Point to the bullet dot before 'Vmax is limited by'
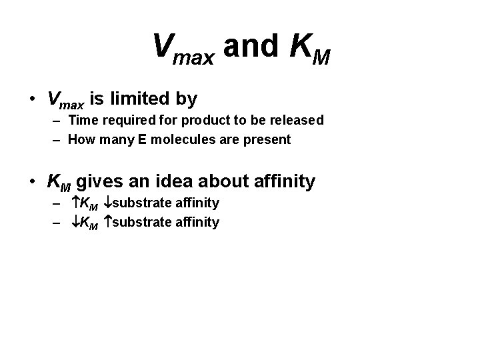point(31,100)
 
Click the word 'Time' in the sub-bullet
point(83,120)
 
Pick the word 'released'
point(298,120)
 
